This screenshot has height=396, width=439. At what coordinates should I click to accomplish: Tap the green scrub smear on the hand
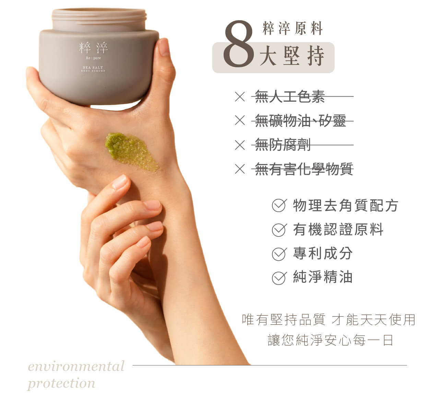tap(131, 152)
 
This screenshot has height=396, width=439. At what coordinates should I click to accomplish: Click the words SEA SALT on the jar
tap(93, 68)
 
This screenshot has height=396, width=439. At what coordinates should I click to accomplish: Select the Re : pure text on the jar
tap(93, 58)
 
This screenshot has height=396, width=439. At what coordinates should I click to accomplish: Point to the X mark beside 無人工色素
tap(240, 96)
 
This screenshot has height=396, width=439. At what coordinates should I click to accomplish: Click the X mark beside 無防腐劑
tap(240, 145)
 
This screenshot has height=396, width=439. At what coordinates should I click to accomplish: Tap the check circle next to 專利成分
tap(279, 254)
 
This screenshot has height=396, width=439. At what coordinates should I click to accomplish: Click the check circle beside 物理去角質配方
tap(279, 205)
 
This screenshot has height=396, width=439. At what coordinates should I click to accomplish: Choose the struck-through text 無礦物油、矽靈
tap(300, 121)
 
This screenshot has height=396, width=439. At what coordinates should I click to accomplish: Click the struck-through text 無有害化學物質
tap(304, 169)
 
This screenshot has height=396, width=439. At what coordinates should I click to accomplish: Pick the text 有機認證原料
tap(338, 230)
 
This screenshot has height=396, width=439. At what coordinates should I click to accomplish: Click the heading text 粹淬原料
tap(293, 28)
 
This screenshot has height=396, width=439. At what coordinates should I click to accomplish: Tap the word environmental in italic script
tap(76, 366)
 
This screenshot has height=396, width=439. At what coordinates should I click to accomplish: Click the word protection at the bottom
tap(61, 384)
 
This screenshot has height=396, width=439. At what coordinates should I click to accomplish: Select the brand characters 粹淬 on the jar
tap(93, 48)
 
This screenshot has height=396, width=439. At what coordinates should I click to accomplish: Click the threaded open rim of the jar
tap(99, 19)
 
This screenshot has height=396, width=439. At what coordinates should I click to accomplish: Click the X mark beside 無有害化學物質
tap(240, 169)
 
